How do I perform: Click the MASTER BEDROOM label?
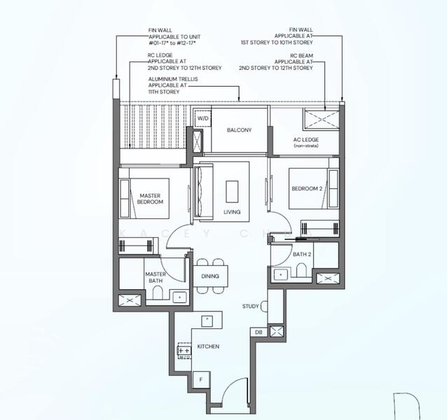151,199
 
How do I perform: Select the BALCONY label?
239,130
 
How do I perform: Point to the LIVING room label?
232,211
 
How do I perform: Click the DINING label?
209,276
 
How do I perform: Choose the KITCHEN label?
208,346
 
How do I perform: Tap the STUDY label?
251,306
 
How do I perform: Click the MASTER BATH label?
155,277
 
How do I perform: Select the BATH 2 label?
302,254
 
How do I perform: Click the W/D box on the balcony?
202,119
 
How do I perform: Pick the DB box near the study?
259,332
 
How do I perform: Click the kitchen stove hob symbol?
185,350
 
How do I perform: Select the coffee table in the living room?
231,190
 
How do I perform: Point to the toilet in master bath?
156,295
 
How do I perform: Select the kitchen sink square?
207,320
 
